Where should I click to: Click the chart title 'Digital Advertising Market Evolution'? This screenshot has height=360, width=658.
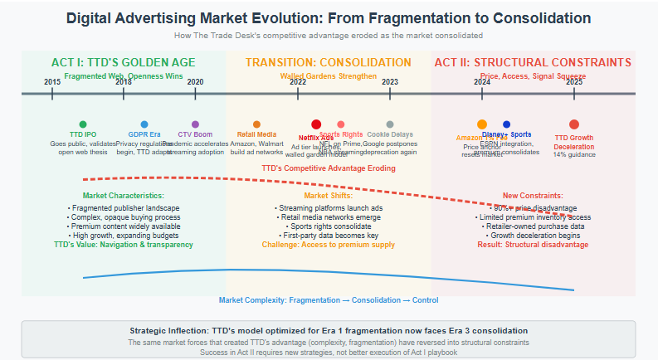[x=328, y=18]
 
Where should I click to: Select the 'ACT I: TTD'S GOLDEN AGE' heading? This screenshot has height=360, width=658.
[x=124, y=62]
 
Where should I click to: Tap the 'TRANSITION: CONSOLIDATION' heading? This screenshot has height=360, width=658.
[x=328, y=62]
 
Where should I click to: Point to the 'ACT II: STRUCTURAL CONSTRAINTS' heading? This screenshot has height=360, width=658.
[x=533, y=62]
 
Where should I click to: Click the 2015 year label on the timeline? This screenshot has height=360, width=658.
[x=52, y=81]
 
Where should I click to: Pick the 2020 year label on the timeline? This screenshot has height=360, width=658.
[x=195, y=81]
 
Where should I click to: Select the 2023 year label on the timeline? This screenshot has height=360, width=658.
[x=390, y=81]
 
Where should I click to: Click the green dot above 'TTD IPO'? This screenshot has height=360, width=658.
[x=83, y=124]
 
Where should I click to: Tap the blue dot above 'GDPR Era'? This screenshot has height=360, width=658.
[x=144, y=124]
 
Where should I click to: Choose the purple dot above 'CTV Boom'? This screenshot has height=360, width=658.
[x=195, y=124]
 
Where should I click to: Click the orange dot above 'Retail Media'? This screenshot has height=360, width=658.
[x=256, y=124]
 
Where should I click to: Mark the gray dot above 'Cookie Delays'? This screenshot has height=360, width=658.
[x=390, y=124]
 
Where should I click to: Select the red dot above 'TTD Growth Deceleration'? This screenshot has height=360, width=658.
[x=574, y=124]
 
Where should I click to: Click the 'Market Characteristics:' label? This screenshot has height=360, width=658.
[x=124, y=196]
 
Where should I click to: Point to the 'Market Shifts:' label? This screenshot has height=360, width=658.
[x=328, y=196]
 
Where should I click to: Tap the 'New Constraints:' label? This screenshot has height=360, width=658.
[x=533, y=196]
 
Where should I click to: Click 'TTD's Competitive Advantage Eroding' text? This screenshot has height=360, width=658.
[x=328, y=168]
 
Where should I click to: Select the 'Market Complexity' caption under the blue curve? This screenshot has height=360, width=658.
[x=328, y=299]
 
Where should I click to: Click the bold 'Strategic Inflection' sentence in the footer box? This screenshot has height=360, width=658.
[x=328, y=330]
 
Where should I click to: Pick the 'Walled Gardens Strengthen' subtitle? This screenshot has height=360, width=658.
[x=328, y=75]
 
